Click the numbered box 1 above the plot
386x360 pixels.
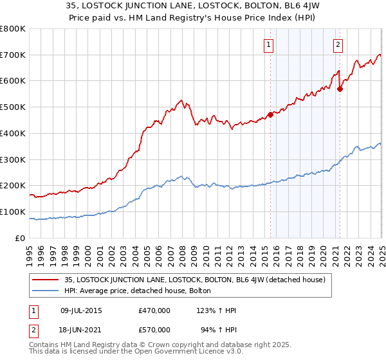tap(268, 45)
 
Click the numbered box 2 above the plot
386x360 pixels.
tap(338, 45)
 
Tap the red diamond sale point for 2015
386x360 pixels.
tap(271, 114)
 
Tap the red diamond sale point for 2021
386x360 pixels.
tap(340, 89)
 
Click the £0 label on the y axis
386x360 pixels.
tap(20, 238)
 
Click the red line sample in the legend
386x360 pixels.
tap(46, 280)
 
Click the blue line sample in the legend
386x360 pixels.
tap(46, 291)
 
